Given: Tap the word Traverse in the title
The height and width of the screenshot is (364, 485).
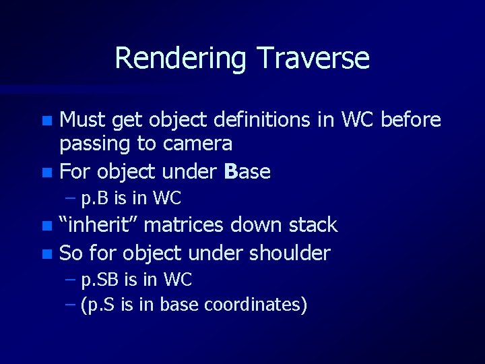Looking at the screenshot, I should coord(309,58).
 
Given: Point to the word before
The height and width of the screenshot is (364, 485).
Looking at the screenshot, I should coord(410,120).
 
